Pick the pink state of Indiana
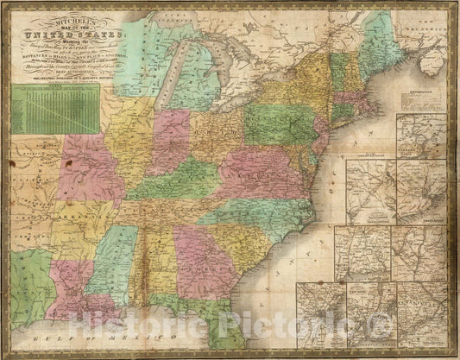click(x=169, y=142)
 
